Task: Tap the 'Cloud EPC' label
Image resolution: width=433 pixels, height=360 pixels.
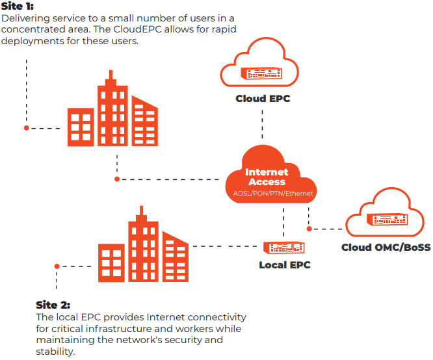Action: [x=263, y=99]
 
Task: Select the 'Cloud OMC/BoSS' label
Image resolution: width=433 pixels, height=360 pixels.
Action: [x=386, y=248]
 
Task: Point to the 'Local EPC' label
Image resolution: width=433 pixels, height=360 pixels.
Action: [x=285, y=265]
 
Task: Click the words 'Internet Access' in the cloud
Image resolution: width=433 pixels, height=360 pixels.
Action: [x=267, y=177]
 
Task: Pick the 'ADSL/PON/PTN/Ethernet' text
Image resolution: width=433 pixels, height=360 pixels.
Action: [x=273, y=194]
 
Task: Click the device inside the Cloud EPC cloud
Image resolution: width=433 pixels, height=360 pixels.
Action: [x=263, y=73]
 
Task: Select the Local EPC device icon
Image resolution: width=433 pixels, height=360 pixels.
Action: [x=285, y=248]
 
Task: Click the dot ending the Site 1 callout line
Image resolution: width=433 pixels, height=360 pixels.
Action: [x=27, y=128]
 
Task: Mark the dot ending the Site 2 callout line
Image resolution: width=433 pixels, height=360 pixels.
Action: [x=57, y=266]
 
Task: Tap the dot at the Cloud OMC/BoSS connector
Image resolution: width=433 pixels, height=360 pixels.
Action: [x=309, y=229]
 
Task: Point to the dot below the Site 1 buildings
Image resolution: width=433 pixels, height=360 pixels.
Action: [x=117, y=179]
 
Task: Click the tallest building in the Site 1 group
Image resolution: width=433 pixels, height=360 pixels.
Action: [x=112, y=110]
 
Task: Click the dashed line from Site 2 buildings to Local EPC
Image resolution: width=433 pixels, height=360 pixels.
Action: [x=224, y=246]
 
